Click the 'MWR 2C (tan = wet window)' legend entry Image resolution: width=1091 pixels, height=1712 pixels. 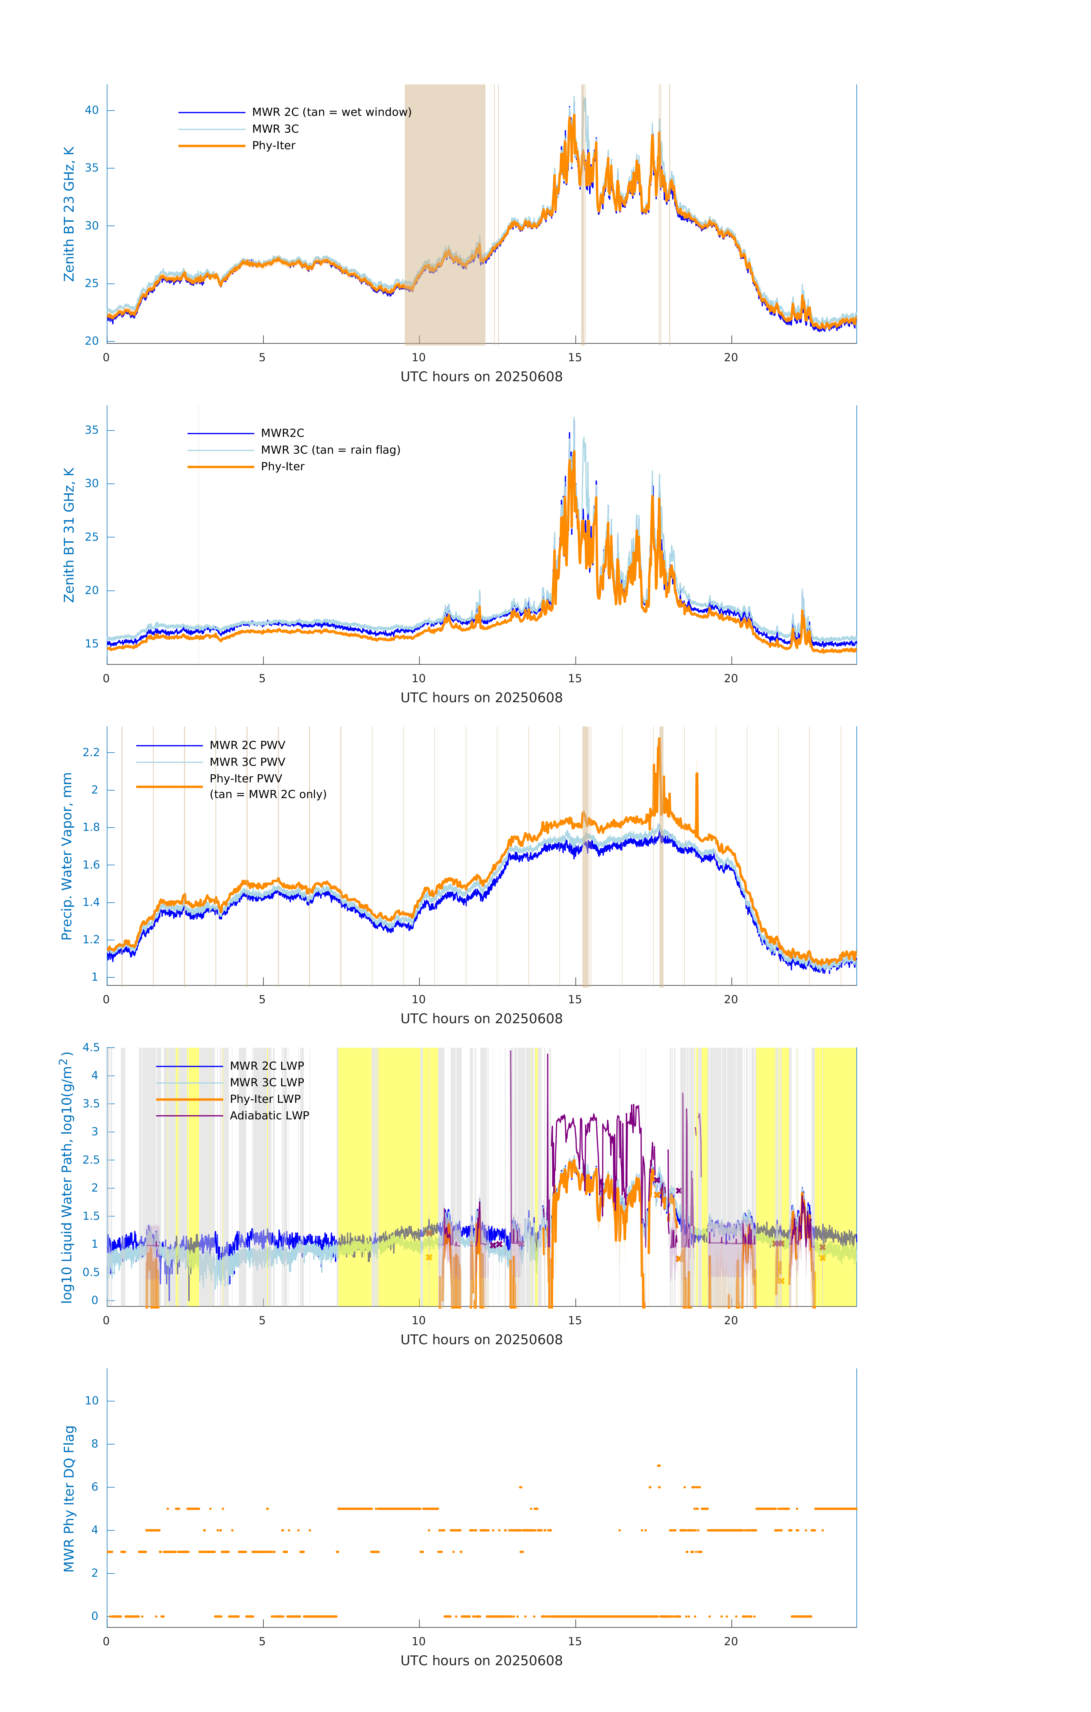331,112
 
